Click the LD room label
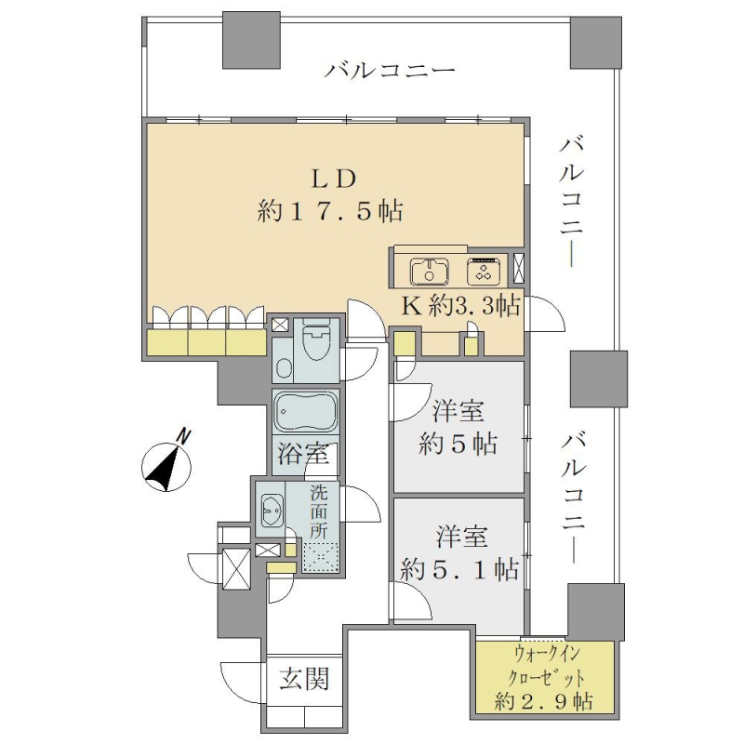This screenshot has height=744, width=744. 333,179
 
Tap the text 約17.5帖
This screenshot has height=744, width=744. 330,211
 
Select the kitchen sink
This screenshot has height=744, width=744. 429,272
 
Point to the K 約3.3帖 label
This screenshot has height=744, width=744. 460,307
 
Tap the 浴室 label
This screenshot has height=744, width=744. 303,454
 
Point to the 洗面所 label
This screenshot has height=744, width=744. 319,512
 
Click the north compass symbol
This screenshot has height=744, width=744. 167,464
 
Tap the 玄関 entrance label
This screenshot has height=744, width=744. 304,679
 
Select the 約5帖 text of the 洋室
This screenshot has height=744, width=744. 458,445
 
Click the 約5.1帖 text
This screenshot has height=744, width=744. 459,569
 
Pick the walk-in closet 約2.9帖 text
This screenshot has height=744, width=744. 544,701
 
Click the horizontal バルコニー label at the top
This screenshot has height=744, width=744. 390,72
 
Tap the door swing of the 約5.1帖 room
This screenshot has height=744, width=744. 411,601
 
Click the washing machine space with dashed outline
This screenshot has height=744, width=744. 321,558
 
